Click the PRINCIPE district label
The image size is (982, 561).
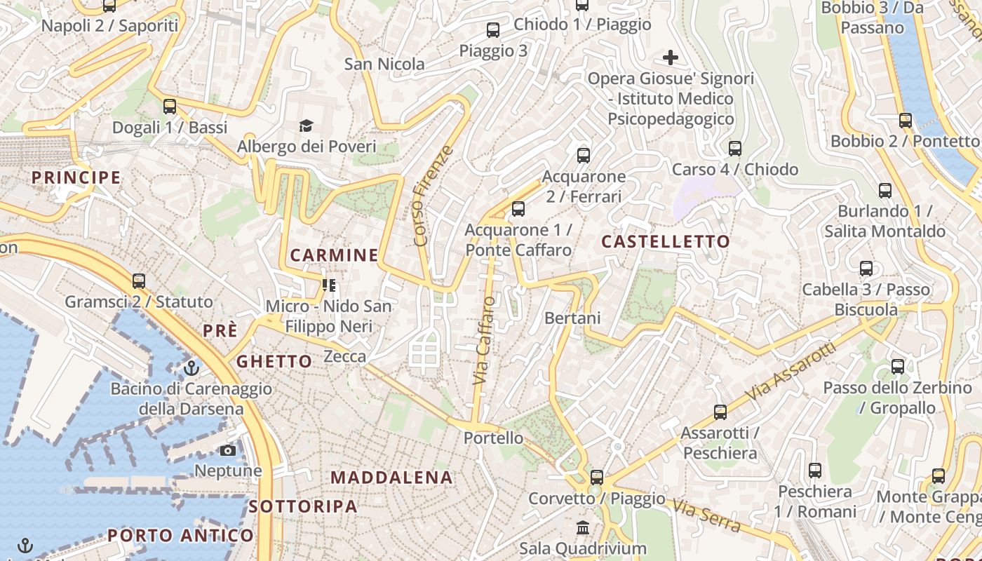pos(76,177)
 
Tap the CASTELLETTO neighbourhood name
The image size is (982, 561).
pos(666,242)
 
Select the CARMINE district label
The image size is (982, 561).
pos(334,255)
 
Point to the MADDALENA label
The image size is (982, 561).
pos(391,478)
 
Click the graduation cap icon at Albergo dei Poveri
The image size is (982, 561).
pos(306,126)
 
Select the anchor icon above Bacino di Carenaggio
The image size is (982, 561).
pos(191,367)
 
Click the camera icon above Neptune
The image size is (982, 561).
pos(228,450)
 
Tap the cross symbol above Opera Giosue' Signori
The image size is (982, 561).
pos(671,57)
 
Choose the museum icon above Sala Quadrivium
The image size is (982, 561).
pos(583,527)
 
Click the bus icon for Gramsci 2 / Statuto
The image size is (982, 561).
pos(139,281)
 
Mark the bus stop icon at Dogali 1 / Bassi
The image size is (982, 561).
pos(170,107)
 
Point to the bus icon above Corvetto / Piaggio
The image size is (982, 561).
pos(596,478)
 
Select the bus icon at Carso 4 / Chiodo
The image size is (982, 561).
pos(735,149)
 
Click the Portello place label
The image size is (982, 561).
pos(493,438)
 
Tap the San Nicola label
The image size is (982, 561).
pos(384,65)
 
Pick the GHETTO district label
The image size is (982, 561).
pos(274,362)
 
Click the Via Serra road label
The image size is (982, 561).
pos(706,515)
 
